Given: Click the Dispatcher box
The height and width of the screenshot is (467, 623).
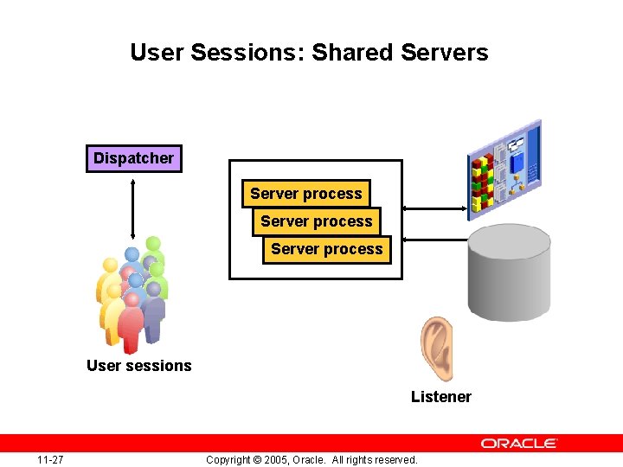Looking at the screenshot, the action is [x=133, y=158].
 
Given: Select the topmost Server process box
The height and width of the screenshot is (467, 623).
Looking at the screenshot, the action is [x=305, y=194].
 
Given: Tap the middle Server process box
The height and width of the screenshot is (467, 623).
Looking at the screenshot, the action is [x=316, y=221].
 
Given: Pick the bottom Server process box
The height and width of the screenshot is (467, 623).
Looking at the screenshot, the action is [x=326, y=249].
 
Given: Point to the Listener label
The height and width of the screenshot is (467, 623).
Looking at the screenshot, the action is [x=440, y=397].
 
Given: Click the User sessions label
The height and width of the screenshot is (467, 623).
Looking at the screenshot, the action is [x=138, y=366].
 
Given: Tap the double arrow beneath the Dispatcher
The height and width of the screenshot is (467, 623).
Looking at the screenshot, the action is [x=133, y=208].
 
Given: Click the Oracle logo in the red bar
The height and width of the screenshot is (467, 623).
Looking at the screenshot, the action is [x=519, y=443].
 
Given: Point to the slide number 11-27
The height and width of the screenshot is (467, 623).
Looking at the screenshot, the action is [x=49, y=459].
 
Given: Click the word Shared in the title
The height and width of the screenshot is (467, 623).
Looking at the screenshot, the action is [x=353, y=52].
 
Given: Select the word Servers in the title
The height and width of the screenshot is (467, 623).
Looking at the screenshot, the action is [x=445, y=52].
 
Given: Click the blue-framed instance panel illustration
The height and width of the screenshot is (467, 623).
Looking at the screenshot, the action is [x=504, y=169].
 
